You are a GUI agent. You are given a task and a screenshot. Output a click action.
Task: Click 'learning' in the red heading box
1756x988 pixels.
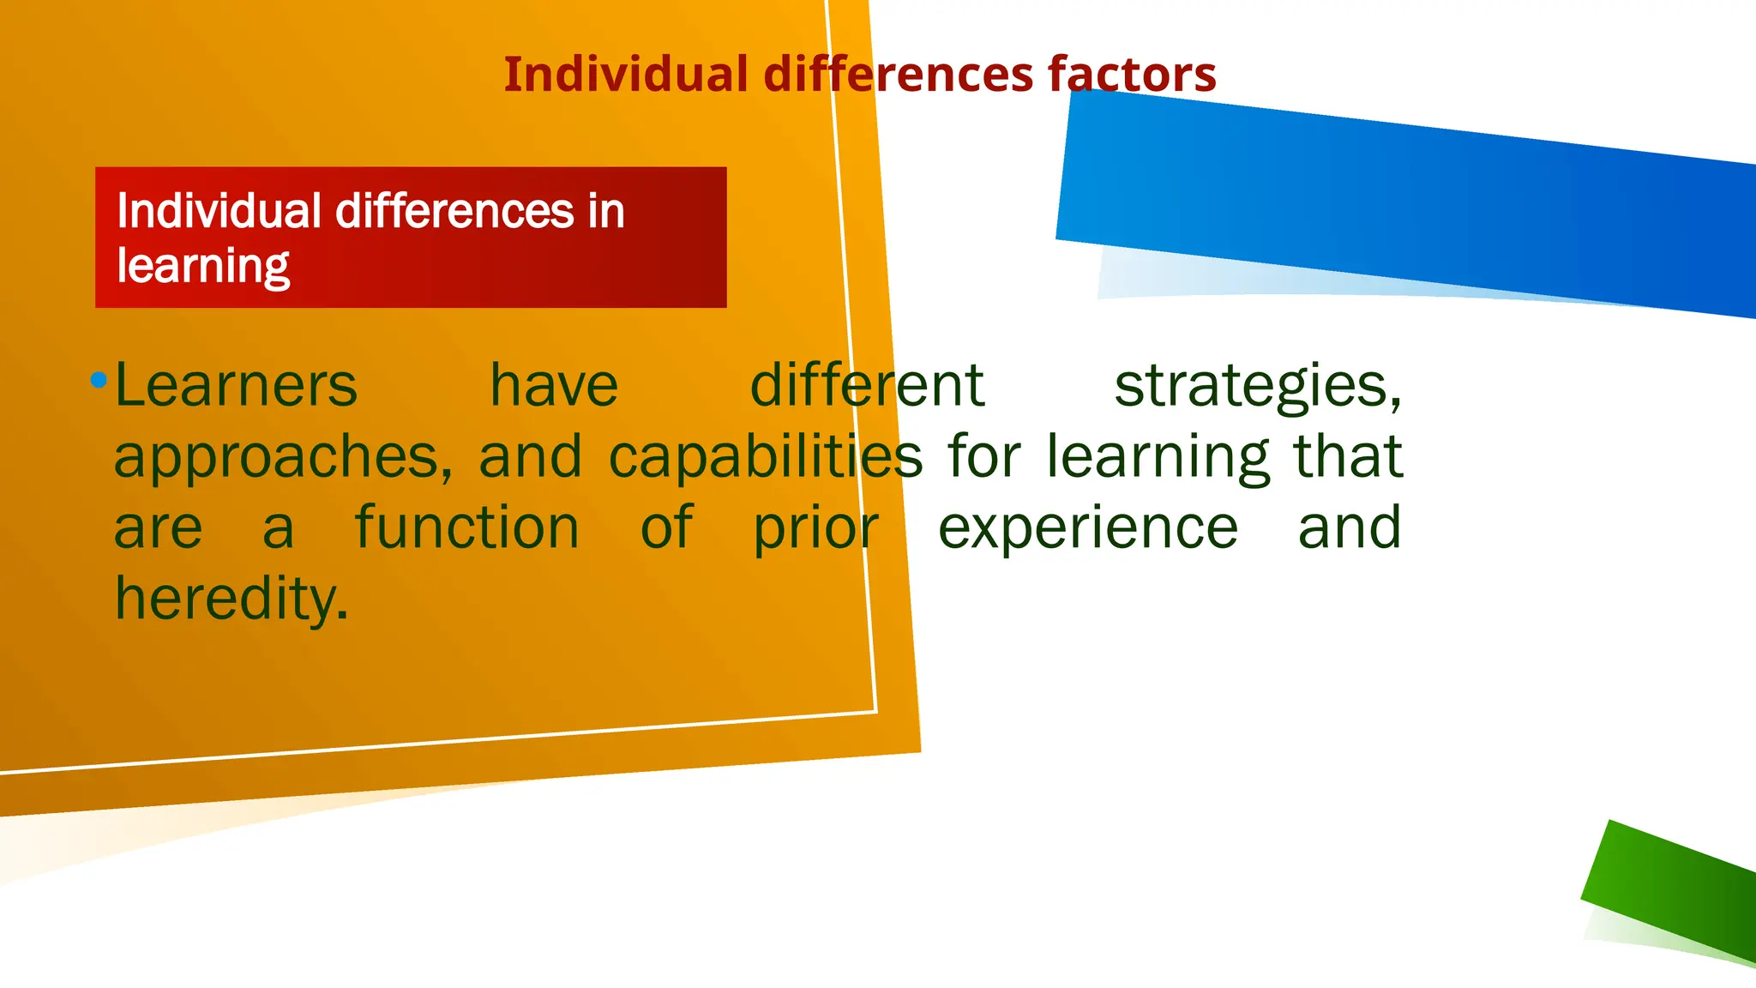pos(203,267)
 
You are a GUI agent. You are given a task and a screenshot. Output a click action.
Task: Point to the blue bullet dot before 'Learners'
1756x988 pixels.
pos(99,379)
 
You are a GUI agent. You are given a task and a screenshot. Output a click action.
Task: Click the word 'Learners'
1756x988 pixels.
pos(236,385)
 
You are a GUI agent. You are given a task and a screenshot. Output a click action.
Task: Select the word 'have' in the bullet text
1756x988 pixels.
pos(554,385)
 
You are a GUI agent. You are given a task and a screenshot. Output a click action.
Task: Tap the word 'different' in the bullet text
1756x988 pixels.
pos(866,385)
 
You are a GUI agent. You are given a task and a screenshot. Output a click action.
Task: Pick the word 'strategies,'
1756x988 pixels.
pos(1258,387)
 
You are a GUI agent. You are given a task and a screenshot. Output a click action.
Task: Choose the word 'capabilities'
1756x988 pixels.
pos(766,456)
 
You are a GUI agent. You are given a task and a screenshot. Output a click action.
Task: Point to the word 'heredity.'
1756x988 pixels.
pos(232,599)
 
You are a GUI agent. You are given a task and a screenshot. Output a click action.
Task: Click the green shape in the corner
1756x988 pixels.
pos(1672,892)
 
